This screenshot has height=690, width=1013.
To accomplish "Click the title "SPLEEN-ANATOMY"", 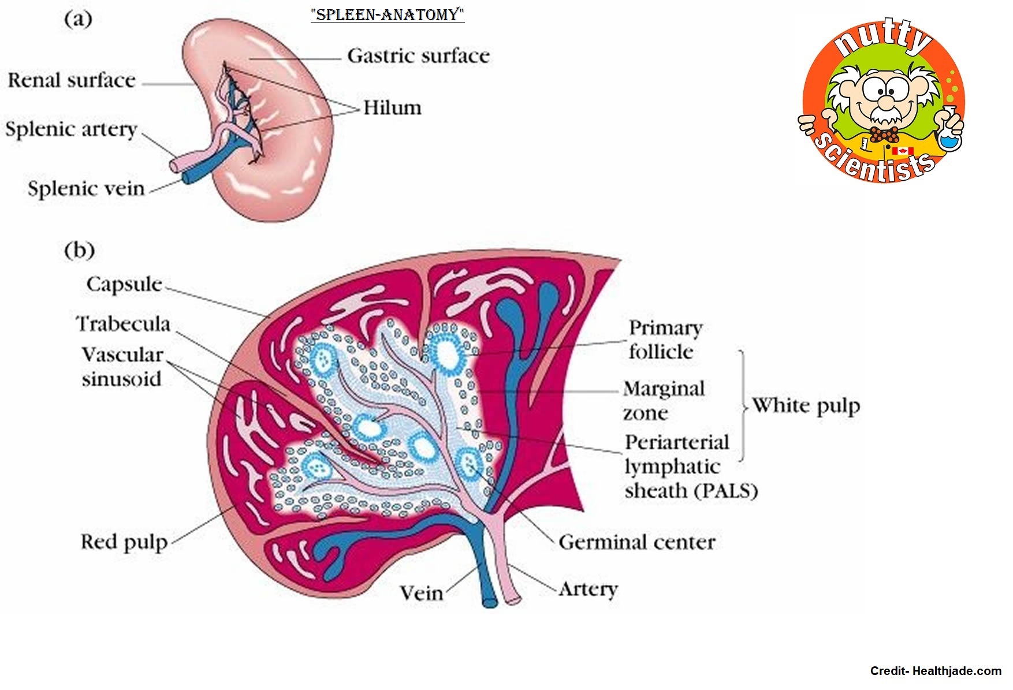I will (387, 14).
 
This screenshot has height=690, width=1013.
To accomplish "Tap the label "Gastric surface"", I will (418, 56).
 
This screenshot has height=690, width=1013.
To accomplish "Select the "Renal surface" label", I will (71, 80).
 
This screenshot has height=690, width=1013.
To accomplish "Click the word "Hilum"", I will (392, 108).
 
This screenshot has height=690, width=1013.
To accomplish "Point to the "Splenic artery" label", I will (71, 129).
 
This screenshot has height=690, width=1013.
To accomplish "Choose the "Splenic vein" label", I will (86, 189).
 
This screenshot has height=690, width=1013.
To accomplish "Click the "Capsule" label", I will (124, 284).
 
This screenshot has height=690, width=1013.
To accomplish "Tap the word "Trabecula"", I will (124, 324).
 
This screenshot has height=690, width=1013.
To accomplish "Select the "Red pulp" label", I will (124, 542).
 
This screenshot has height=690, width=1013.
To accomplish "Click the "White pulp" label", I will (806, 406).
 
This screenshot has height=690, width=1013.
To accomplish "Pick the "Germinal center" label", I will (637, 542).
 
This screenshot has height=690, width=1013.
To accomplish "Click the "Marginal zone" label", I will (663, 401).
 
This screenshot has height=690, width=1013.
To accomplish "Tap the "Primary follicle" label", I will (665, 340).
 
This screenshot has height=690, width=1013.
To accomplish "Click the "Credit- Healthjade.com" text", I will (936, 671).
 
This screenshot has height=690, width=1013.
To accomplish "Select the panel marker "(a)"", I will (78, 19).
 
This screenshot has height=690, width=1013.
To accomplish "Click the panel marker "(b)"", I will (79, 251).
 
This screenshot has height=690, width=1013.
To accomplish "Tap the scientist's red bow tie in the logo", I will (884, 135).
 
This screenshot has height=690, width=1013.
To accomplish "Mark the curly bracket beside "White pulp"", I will (743, 406).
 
